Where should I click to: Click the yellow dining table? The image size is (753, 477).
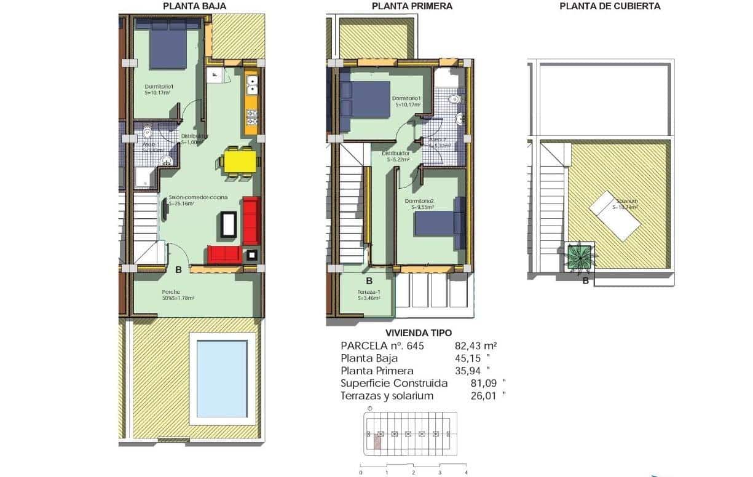click(x=240, y=162)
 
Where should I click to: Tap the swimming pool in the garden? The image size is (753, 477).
click(x=222, y=379)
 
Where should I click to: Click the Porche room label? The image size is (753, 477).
click(x=171, y=292)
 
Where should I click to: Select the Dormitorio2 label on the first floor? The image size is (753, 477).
click(x=419, y=202)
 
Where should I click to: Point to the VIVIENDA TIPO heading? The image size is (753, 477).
click(x=413, y=333)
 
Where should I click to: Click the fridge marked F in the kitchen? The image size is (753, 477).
click(x=215, y=75)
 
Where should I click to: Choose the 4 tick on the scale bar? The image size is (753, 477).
click(x=467, y=473)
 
